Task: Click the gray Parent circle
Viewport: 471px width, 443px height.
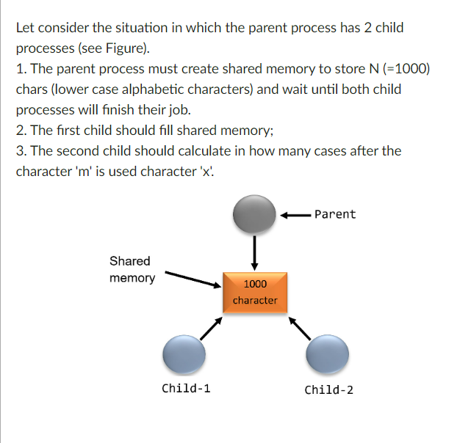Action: (x=254, y=214)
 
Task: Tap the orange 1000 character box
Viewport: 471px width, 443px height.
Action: (x=255, y=292)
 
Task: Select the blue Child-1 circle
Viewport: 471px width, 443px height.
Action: (x=184, y=355)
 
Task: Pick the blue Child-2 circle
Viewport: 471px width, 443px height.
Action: (x=327, y=356)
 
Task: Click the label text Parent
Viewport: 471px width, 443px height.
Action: (x=334, y=214)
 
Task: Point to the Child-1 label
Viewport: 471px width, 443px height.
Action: (x=186, y=389)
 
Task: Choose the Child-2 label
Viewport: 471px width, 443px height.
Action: (x=328, y=389)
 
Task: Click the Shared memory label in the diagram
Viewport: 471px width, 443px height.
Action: (x=132, y=269)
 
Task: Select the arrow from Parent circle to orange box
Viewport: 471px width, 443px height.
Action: (x=254, y=252)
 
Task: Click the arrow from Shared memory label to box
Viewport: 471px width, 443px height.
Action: (x=193, y=280)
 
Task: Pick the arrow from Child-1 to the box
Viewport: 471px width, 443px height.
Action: (x=210, y=329)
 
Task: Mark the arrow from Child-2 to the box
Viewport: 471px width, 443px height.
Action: (x=301, y=329)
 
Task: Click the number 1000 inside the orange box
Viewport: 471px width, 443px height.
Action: (x=255, y=284)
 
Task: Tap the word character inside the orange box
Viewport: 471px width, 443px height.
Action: (x=255, y=300)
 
